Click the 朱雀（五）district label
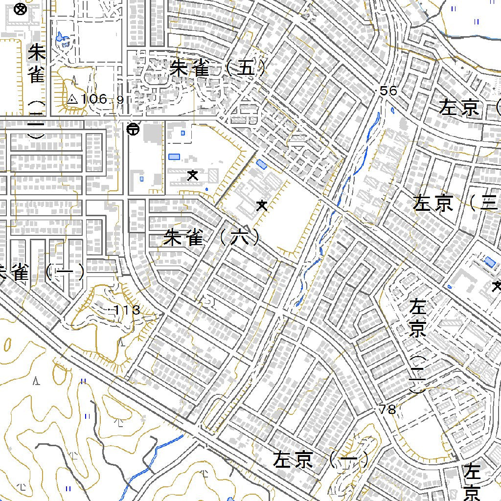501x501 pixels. (218, 68)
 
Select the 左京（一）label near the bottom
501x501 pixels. (320, 460)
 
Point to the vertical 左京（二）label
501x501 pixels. (417, 347)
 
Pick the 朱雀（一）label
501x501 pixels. (41, 272)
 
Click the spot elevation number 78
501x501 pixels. (387, 410)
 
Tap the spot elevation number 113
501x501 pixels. (127, 310)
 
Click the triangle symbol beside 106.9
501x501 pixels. (72, 99)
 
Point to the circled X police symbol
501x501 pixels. (20, 9)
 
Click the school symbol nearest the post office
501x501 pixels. (193, 175)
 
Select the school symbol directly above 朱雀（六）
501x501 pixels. (262, 205)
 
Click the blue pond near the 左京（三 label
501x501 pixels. (489, 262)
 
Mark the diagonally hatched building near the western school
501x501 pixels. (213, 174)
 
